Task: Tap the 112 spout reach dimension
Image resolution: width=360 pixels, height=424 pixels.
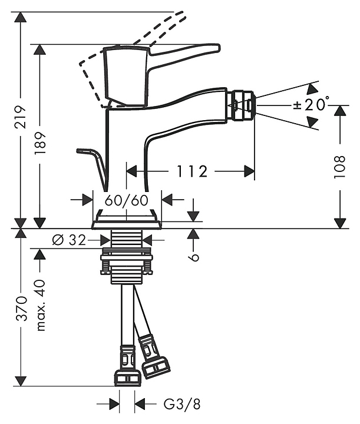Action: click(x=191, y=171)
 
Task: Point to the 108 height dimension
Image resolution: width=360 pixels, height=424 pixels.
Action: click(x=340, y=168)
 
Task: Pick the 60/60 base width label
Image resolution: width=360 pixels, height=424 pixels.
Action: click(x=127, y=200)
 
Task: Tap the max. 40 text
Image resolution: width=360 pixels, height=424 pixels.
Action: click(x=41, y=304)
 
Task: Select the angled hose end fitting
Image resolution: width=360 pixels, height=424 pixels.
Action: click(x=154, y=359)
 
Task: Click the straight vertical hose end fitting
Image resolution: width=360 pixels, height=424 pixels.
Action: click(x=127, y=368)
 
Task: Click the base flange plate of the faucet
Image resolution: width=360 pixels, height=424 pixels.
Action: click(x=127, y=223)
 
